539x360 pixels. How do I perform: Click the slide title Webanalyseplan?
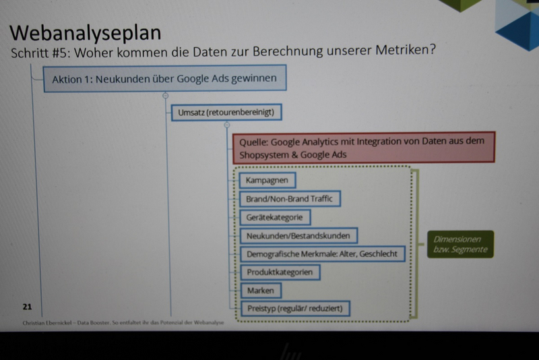point(86,33)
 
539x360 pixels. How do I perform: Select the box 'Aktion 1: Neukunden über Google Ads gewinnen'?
point(165,78)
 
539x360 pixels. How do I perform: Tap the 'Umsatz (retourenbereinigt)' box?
point(226,112)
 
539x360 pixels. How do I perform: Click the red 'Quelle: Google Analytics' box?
point(364,147)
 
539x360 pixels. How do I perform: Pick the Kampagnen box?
point(267,180)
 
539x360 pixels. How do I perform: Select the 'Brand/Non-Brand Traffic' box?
point(290,199)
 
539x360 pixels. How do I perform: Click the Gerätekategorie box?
point(275,217)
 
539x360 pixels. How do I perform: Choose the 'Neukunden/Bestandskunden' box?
point(298,236)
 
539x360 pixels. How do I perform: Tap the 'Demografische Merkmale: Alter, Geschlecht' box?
point(322,254)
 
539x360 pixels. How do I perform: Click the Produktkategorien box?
point(280,272)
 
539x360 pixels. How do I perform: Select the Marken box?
point(261,291)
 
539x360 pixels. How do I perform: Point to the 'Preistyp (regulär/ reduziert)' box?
point(295,308)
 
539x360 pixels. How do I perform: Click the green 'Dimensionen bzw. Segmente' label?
point(460,244)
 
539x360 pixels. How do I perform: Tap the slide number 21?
point(27,307)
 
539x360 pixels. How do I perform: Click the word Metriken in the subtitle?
point(406,50)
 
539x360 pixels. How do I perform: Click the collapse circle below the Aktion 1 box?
point(165,96)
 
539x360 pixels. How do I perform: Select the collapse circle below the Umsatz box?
point(227,125)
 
